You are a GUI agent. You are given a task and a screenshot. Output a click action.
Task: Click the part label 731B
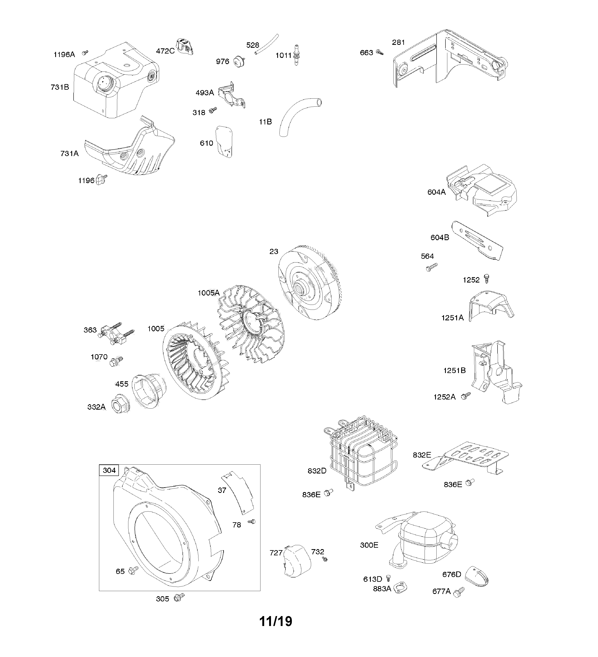pos(60,87)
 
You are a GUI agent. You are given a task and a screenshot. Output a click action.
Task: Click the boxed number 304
pos(109,470)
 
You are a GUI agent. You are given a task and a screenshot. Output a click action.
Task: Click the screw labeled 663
pos(379,52)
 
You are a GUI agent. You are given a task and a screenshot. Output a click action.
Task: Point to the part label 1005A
pos(209,293)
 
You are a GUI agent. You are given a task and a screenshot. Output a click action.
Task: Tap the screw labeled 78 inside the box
pos(252,521)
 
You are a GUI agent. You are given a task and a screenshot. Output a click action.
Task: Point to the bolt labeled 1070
pos(116,361)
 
